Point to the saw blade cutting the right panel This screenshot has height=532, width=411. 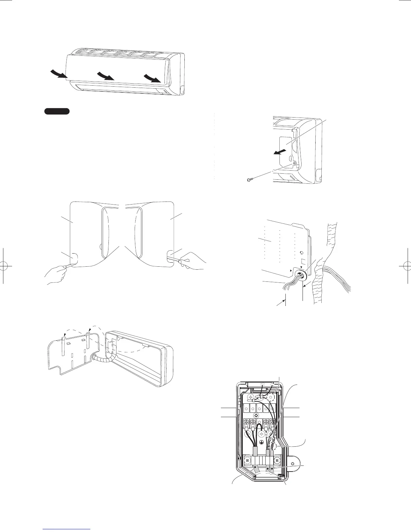(x=173, y=259)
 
